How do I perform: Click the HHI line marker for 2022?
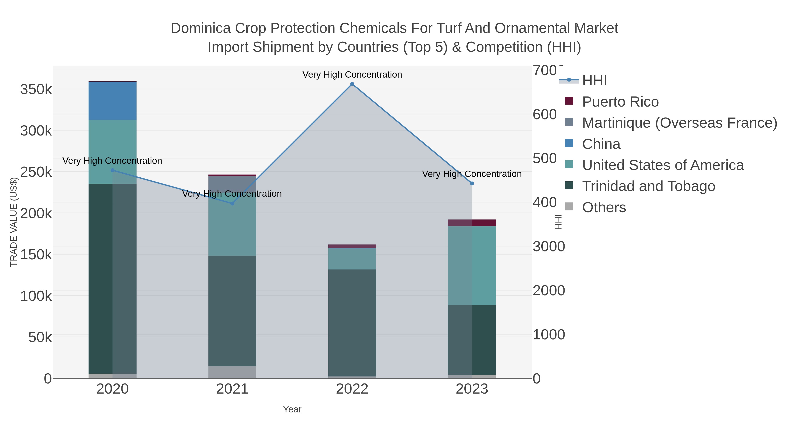(x=352, y=84)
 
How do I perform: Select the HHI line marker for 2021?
(x=232, y=203)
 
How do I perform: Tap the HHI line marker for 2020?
(x=112, y=170)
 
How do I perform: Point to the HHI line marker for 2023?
(x=472, y=184)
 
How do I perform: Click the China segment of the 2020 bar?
(x=112, y=101)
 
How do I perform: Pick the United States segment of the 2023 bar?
(x=472, y=265)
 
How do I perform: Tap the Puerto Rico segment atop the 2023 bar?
(x=472, y=223)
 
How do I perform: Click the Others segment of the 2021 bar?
(x=232, y=372)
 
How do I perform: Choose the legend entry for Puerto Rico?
(x=620, y=102)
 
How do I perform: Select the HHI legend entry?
(x=594, y=81)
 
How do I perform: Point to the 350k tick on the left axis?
(x=36, y=90)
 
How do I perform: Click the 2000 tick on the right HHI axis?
(x=549, y=291)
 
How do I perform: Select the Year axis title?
(x=292, y=409)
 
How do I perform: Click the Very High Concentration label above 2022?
(x=352, y=75)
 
